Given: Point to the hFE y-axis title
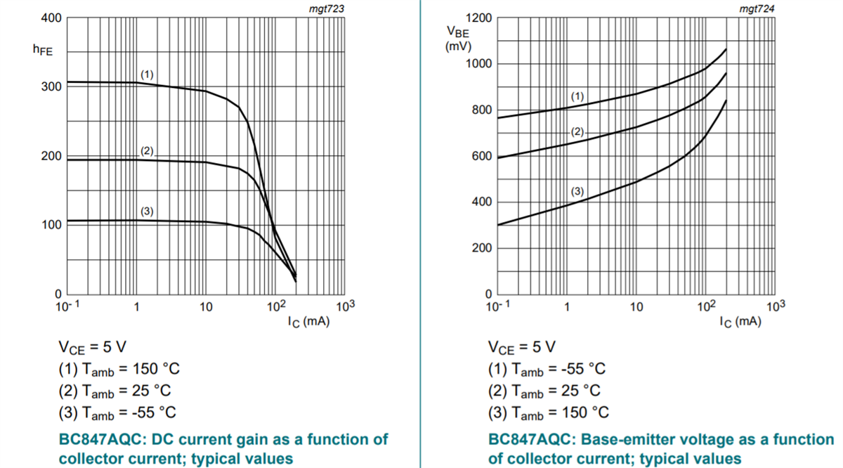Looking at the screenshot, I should tap(43, 51).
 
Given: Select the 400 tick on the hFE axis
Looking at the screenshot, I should tap(53, 18).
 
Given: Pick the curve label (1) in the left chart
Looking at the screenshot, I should tap(147, 74).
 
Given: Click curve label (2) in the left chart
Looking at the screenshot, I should tap(147, 151).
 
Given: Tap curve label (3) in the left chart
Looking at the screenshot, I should tap(147, 212).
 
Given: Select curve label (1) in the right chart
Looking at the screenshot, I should tap(577, 96).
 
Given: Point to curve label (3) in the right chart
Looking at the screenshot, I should tap(577, 191).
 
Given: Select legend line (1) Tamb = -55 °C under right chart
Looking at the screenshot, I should tap(547, 369).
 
